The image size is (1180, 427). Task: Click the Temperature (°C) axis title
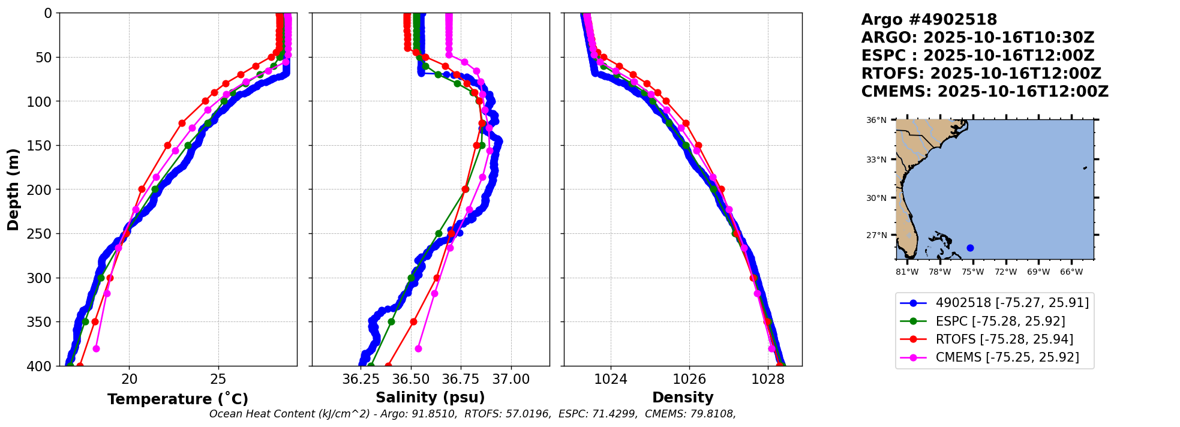[178, 399]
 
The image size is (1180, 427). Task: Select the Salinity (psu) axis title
[430, 398]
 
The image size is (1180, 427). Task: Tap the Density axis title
[683, 398]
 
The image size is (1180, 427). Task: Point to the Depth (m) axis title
[13, 189]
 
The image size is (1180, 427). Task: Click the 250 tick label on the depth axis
[41, 234]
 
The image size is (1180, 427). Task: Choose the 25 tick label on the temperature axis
[218, 379]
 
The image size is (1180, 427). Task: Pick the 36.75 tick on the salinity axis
[461, 379]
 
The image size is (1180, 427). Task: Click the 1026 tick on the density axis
[689, 379]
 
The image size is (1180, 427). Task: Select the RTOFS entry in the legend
[1004, 339]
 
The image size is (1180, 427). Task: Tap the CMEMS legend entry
[1007, 357]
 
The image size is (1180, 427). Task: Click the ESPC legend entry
[1000, 321]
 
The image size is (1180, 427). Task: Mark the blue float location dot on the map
[970, 248]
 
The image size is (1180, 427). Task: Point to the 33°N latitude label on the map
[876, 160]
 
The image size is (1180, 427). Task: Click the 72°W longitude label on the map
[1005, 272]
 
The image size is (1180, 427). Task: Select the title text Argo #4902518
[929, 20]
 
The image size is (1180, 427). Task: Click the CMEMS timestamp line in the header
[984, 92]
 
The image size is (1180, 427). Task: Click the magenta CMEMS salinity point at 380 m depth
[418, 348]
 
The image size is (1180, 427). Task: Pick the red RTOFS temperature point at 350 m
[95, 321]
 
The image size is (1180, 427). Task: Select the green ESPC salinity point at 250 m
[439, 233]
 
